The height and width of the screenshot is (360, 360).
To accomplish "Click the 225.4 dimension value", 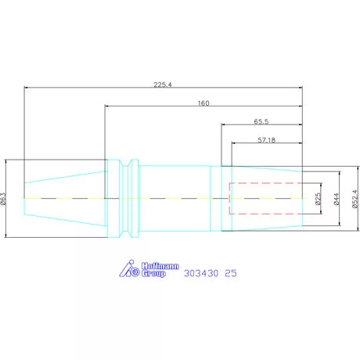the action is pyautogui.click(x=163, y=85).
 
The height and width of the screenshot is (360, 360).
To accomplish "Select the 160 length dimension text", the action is pyautogui.click(x=203, y=103).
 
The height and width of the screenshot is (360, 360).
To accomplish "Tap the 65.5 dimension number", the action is pyautogui.click(x=261, y=121).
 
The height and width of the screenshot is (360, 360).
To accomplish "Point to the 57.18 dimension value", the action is pyautogui.click(x=266, y=140).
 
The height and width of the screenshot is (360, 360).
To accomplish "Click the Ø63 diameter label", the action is pyautogui.click(x=3, y=199).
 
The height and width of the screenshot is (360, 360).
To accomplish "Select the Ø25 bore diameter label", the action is pyautogui.click(x=318, y=199).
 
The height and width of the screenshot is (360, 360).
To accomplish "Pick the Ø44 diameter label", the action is pyautogui.click(x=337, y=199).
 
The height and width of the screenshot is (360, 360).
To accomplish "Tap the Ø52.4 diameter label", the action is pyautogui.click(x=355, y=199).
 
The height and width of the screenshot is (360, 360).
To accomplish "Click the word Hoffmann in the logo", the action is pyautogui.click(x=160, y=266).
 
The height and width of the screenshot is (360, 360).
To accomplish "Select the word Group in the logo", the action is pyautogui.click(x=153, y=273).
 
